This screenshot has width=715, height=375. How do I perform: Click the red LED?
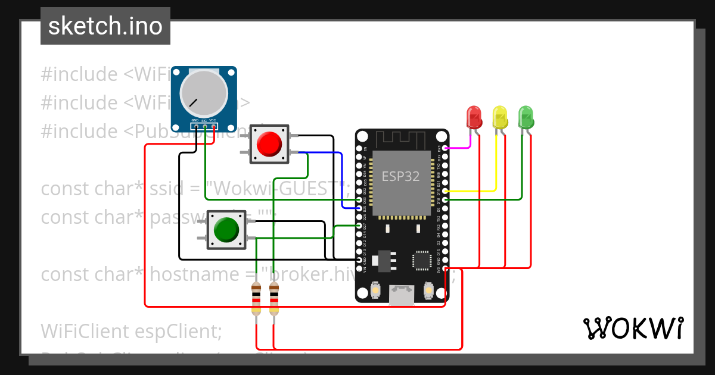[474, 117]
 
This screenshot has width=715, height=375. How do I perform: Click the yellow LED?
[499, 117]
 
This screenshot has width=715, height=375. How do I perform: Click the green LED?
[526, 117]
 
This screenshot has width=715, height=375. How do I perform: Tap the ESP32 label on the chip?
[400, 176]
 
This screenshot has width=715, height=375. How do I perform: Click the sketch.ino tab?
[105, 26]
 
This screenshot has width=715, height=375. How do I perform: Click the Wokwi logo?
[633, 328]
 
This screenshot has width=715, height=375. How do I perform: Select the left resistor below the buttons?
[256, 299]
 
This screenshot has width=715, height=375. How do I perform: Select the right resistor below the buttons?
[274, 299]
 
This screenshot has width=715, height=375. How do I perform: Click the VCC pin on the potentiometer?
[213, 126]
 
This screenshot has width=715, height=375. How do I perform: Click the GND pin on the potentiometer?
[195, 126]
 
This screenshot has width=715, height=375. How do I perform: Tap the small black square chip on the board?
[422, 261]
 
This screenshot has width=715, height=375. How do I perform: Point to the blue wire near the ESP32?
[342, 179]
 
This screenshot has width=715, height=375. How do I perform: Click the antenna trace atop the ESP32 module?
[402, 137]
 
